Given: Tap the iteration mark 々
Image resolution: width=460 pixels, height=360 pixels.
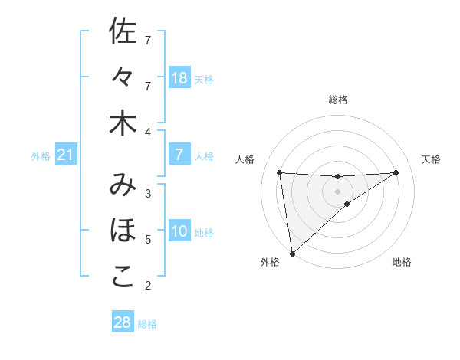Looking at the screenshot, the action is click(123, 77).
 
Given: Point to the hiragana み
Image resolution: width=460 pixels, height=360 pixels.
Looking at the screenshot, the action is click(123, 185).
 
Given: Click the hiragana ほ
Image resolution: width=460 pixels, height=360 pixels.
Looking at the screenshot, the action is click(123, 231).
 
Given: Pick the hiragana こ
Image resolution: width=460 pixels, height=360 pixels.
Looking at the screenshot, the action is click(123, 277).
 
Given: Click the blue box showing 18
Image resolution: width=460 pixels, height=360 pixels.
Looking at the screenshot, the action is click(179, 78).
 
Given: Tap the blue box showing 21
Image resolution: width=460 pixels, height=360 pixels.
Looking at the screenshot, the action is click(66, 155).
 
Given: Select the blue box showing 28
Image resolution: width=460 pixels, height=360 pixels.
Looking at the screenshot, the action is click(123, 322).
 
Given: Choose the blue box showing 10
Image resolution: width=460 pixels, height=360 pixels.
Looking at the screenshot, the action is click(179, 231).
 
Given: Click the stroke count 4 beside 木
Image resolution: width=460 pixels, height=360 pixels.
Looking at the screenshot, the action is click(148, 133).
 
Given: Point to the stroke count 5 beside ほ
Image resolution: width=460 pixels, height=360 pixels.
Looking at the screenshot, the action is click(148, 240).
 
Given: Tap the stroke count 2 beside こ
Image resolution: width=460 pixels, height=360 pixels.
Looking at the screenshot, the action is click(148, 286).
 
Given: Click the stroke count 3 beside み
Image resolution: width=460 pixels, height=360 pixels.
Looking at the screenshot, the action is click(148, 194).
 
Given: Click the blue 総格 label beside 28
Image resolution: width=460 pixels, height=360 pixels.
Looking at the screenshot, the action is click(147, 324).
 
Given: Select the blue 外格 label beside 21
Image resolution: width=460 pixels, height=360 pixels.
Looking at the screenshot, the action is click(41, 156).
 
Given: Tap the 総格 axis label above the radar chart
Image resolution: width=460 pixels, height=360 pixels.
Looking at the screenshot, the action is click(338, 100).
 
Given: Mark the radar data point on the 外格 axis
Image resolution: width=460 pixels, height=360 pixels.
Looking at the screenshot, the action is click(292, 254).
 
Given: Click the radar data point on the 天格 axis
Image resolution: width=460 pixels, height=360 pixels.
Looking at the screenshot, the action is click(396, 172).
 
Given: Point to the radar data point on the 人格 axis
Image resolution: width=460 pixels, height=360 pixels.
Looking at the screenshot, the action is click(280, 172).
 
